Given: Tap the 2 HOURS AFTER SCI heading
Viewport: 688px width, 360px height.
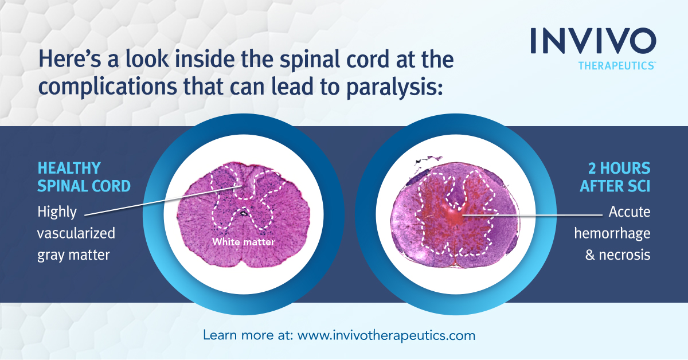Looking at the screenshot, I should click(619, 178).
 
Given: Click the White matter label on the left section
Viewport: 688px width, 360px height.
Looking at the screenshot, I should click(243, 242).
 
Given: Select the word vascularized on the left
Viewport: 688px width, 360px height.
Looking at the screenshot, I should click(76, 233).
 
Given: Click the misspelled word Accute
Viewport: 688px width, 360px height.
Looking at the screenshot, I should click(630, 212).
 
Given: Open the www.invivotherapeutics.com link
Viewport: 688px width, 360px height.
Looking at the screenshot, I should click(386, 335).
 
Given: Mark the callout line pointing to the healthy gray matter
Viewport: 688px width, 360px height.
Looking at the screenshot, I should click(161, 201).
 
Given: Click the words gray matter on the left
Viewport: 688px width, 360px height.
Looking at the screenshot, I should click(73, 255).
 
